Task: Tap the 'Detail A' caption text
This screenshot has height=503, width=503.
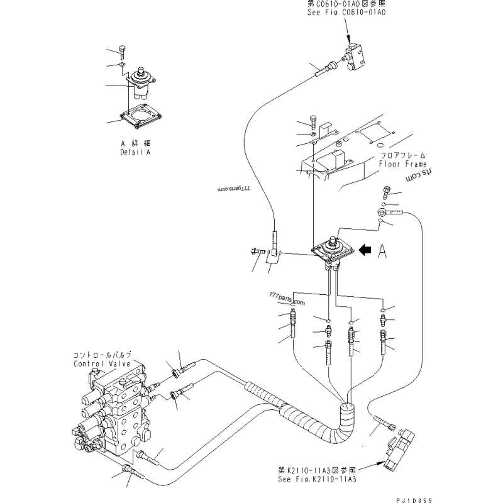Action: [135, 152]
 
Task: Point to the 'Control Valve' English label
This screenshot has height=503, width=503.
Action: [101, 364]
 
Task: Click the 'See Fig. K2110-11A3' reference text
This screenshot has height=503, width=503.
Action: [317, 479]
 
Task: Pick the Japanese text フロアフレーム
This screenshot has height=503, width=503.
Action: [402, 155]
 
